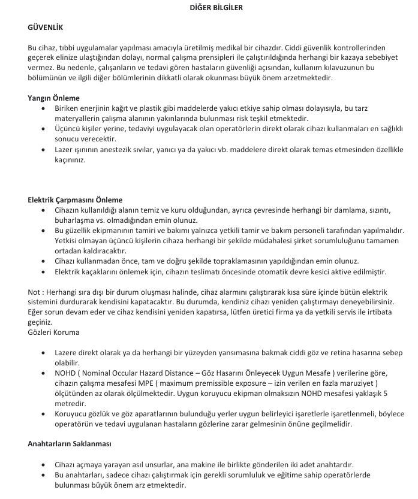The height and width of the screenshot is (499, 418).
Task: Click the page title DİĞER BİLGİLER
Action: point(209,8)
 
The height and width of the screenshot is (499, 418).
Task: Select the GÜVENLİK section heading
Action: point(45,28)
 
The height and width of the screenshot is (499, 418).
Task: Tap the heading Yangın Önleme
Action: point(53,98)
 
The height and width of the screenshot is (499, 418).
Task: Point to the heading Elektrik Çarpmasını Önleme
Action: point(75,199)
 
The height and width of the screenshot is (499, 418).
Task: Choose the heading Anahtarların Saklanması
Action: point(70,444)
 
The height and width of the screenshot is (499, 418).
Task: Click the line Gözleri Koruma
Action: point(53,332)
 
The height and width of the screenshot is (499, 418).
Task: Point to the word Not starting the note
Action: point(34,291)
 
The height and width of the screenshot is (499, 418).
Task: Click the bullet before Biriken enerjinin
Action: point(43,108)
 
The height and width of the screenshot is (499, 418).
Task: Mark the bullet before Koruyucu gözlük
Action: point(43,414)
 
